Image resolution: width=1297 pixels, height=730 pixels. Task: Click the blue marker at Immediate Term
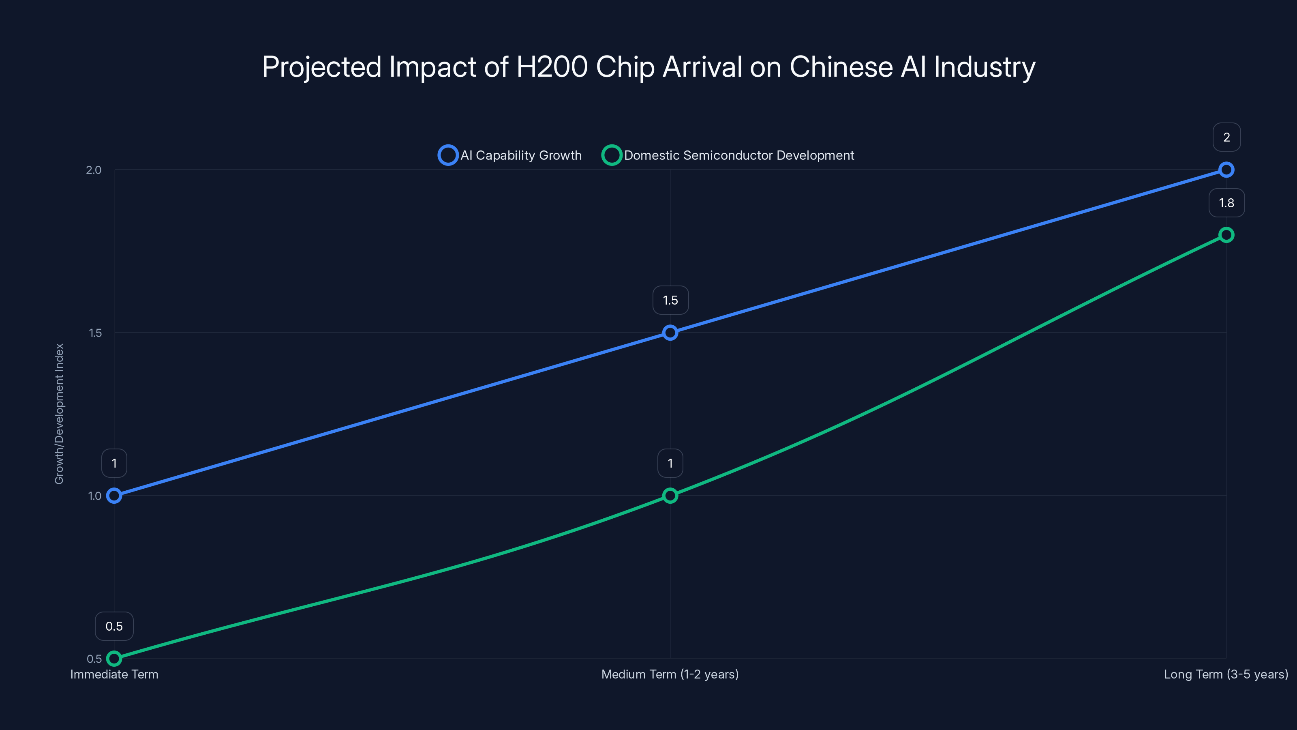[114, 496]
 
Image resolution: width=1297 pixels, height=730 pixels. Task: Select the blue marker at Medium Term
[670, 333]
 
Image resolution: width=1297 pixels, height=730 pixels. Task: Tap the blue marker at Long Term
[1226, 170]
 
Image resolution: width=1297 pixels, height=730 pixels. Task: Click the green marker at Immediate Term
[114, 659]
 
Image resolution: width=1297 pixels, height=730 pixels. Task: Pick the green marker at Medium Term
[670, 496]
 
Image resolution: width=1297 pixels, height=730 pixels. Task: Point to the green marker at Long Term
[1226, 235]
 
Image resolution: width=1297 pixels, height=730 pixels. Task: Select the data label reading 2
[1226, 137]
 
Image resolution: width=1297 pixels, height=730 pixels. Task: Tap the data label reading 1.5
[670, 300]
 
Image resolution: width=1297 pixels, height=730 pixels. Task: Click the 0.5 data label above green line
[114, 626]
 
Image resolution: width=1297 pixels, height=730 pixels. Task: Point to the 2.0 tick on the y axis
[94, 170]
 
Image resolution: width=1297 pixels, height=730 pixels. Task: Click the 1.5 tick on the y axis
[95, 333]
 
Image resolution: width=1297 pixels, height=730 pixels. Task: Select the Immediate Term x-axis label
[114, 674]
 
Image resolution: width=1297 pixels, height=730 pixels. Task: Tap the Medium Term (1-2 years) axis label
[670, 674]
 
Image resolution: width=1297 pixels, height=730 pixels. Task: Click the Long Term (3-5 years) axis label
[1226, 674]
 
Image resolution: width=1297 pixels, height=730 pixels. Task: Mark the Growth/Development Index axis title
[60, 414]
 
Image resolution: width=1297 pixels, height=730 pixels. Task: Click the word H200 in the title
[552, 67]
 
